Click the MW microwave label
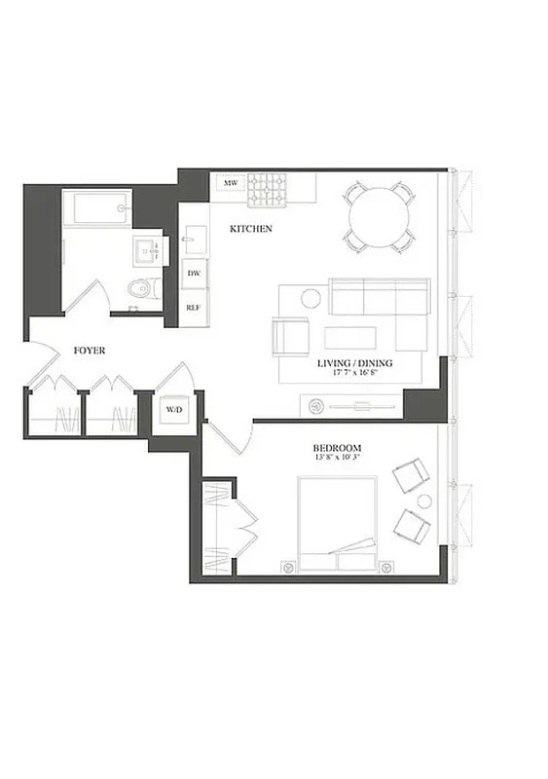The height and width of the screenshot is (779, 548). tap(231, 183)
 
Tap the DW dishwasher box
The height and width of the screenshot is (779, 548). tap(194, 274)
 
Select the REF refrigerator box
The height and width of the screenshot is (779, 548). tap(194, 307)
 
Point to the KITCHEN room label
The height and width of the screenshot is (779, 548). tap(250, 229)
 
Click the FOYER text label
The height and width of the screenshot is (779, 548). tap(90, 350)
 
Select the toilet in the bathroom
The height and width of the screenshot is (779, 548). tap(142, 288)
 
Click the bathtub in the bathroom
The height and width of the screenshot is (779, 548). tap(96, 208)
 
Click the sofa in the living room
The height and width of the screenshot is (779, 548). tap(380, 296)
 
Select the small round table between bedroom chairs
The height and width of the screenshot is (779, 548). tap(423, 501)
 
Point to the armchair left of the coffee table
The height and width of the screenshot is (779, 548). tap(290, 336)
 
